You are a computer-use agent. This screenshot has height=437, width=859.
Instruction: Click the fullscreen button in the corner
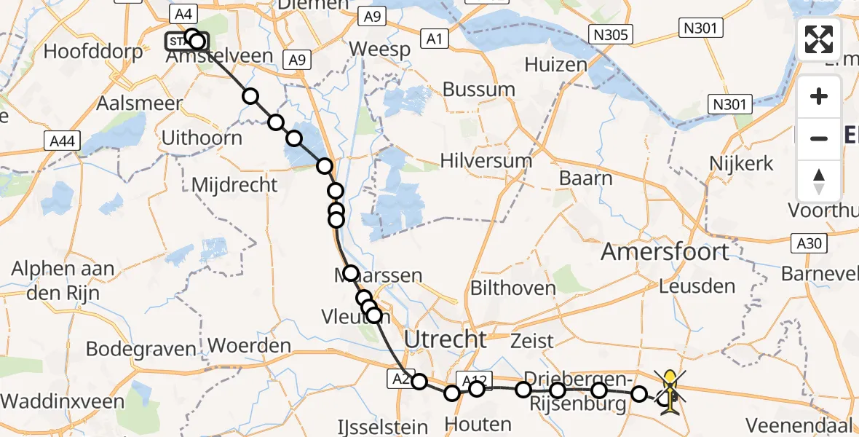coord(819,39)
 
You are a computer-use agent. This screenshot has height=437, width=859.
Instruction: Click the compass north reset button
coord(819,181)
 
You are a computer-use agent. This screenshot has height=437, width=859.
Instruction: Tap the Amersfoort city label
coord(665,252)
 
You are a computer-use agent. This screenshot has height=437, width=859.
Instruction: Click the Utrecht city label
coord(445,339)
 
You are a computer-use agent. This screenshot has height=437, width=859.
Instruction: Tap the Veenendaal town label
coord(799,425)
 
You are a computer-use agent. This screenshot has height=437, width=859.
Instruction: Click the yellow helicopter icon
coord(670,392)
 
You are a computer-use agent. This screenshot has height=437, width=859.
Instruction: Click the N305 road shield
coord(611,34)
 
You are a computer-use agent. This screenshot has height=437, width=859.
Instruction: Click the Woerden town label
coord(250,345)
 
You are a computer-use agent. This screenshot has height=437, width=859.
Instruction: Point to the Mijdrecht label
coord(234,185)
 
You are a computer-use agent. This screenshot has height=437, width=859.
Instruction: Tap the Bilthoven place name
coord(513,288)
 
